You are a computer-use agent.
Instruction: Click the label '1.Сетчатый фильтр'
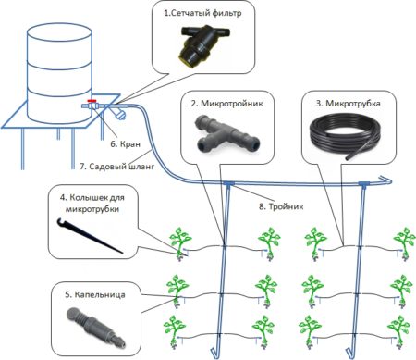point(202,13)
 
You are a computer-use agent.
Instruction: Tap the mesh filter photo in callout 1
point(203,44)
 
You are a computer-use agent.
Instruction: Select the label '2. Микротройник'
point(227,104)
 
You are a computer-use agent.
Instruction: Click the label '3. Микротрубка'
point(349,104)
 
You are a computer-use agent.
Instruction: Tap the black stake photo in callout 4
point(90,235)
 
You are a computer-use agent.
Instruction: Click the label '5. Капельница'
point(95,295)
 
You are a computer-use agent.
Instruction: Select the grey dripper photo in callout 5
point(96,327)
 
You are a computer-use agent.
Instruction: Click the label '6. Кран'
point(125,143)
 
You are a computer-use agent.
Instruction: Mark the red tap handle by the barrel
point(92,101)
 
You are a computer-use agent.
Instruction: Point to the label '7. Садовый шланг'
point(116,167)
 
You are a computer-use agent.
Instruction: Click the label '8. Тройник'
point(281,206)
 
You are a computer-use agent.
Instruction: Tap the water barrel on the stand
point(59,73)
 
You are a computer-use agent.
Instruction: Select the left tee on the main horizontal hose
point(228,184)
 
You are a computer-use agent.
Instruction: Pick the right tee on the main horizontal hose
point(364,184)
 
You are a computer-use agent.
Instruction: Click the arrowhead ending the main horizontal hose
point(385,180)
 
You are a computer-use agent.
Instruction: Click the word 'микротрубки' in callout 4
point(92,209)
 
